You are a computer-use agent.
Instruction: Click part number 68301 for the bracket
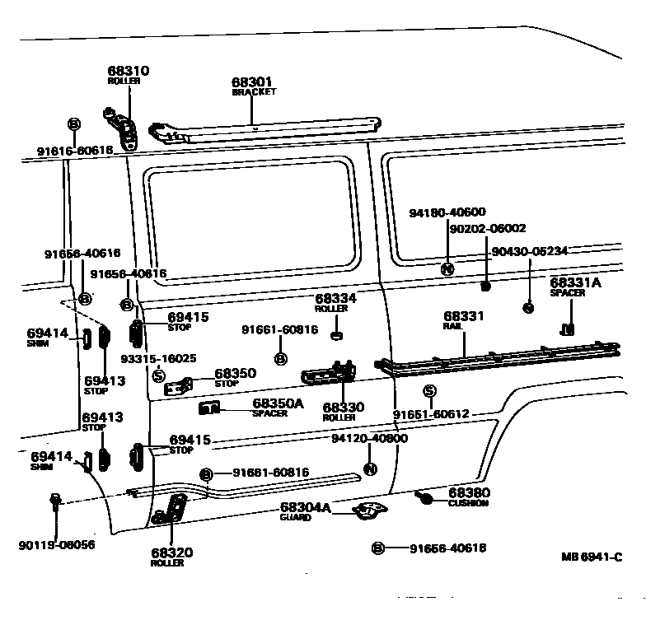coord(251,82)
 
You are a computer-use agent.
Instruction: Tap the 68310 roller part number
coord(129,72)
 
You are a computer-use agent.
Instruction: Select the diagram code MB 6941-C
coord(592,557)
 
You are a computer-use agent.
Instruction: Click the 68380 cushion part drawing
coord(425,498)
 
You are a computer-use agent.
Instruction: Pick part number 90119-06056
coord(55,544)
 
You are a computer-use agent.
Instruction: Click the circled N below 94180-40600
coord(447,268)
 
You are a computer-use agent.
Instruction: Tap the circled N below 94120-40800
coord(369,469)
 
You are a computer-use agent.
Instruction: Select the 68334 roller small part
coord(336,334)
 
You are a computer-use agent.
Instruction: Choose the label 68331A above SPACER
coord(575,282)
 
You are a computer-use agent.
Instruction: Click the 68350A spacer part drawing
coord(209,407)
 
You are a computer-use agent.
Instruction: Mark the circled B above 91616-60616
coord(73,124)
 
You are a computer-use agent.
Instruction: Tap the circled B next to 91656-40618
coord(377,548)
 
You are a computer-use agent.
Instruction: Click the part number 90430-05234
coord(528,251)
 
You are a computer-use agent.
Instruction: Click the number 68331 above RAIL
coord(463,316)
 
